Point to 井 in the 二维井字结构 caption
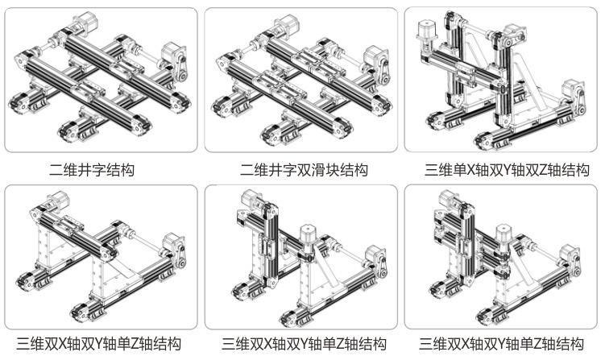click(92, 170)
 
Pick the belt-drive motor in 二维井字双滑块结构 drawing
click(372, 56)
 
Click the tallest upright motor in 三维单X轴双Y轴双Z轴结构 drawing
click(425, 32)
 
